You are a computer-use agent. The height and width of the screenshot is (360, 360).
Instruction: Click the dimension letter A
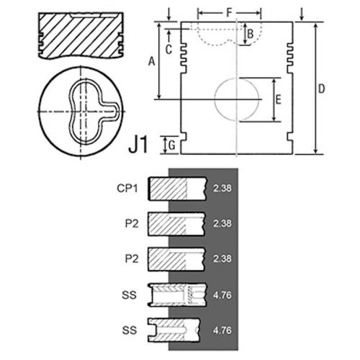point(152,61)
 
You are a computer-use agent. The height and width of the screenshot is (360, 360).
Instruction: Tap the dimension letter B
point(251,34)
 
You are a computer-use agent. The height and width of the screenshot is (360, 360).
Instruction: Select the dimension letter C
point(168,50)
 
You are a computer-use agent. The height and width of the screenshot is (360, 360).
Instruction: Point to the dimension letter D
point(321,89)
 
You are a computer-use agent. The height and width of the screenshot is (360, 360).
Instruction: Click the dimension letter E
point(278,99)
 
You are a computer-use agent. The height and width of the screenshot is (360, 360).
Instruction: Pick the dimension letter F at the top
point(230,12)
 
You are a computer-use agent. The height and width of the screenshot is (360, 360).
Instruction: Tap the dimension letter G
point(172,145)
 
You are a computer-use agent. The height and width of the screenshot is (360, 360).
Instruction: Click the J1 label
point(138,145)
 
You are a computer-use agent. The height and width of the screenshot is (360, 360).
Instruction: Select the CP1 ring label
point(127,189)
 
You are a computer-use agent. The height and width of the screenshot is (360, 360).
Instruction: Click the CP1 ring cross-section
point(177,189)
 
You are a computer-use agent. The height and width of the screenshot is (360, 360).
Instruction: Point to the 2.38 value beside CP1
point(222,189)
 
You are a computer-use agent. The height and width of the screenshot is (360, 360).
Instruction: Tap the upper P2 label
point(132,224)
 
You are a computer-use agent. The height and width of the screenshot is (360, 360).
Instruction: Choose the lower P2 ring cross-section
point(176,259)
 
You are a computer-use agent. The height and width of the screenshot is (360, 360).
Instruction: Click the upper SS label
point(129,295)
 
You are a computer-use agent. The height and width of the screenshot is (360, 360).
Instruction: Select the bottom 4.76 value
point(222,330)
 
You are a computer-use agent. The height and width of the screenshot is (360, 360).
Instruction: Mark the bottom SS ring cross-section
point(174,330)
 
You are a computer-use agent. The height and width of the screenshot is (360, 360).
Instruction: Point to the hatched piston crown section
point(81,35)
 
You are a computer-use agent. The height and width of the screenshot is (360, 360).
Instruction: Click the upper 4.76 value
point(222,295)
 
